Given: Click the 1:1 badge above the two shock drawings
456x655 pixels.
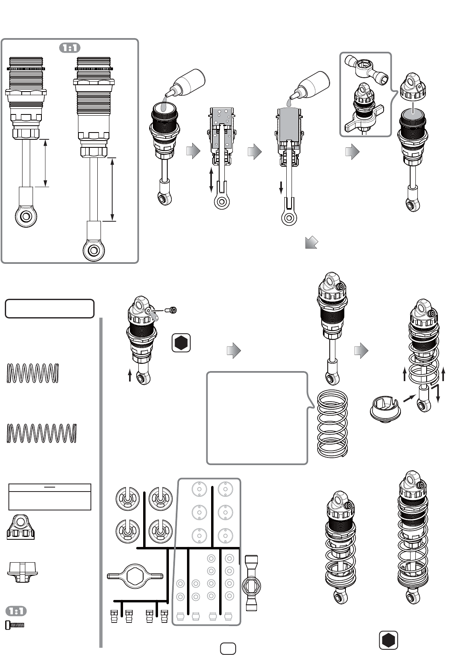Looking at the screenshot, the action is pos(70,48).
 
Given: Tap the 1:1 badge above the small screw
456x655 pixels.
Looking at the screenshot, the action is pos(16,611).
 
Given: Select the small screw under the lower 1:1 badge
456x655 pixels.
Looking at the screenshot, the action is pos(15,625).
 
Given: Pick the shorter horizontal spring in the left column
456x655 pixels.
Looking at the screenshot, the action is pos(33,373).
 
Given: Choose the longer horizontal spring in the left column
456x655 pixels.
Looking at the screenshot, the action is pos(41,433).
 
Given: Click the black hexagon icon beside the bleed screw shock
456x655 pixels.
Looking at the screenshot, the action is pos(181,343).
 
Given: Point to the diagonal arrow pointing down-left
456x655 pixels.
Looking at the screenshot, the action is pos(311,243).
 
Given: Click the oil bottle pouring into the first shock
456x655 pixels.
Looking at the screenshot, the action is pos(185,82).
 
